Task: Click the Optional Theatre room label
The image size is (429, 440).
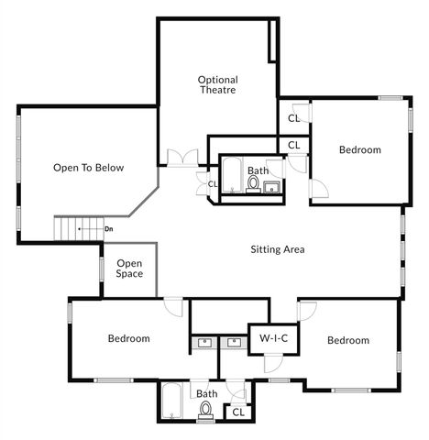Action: point(218,85)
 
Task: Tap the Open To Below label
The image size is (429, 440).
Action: point(88,168)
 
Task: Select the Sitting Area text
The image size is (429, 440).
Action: point(278,249)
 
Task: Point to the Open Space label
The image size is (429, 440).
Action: point(129,268)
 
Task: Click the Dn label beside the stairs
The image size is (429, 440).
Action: point(109,228)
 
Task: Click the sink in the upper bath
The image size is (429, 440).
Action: point(271,188)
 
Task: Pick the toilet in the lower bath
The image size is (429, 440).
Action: point(206,410)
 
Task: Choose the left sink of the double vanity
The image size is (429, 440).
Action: point(203,344)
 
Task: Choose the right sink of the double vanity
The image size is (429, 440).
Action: point(234,344)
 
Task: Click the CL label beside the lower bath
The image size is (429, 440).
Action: point(237,412)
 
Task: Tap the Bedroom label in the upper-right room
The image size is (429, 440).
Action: point(359,150)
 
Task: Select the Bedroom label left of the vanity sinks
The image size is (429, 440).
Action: point(128,339)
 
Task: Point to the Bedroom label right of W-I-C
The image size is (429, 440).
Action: point(348,341)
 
